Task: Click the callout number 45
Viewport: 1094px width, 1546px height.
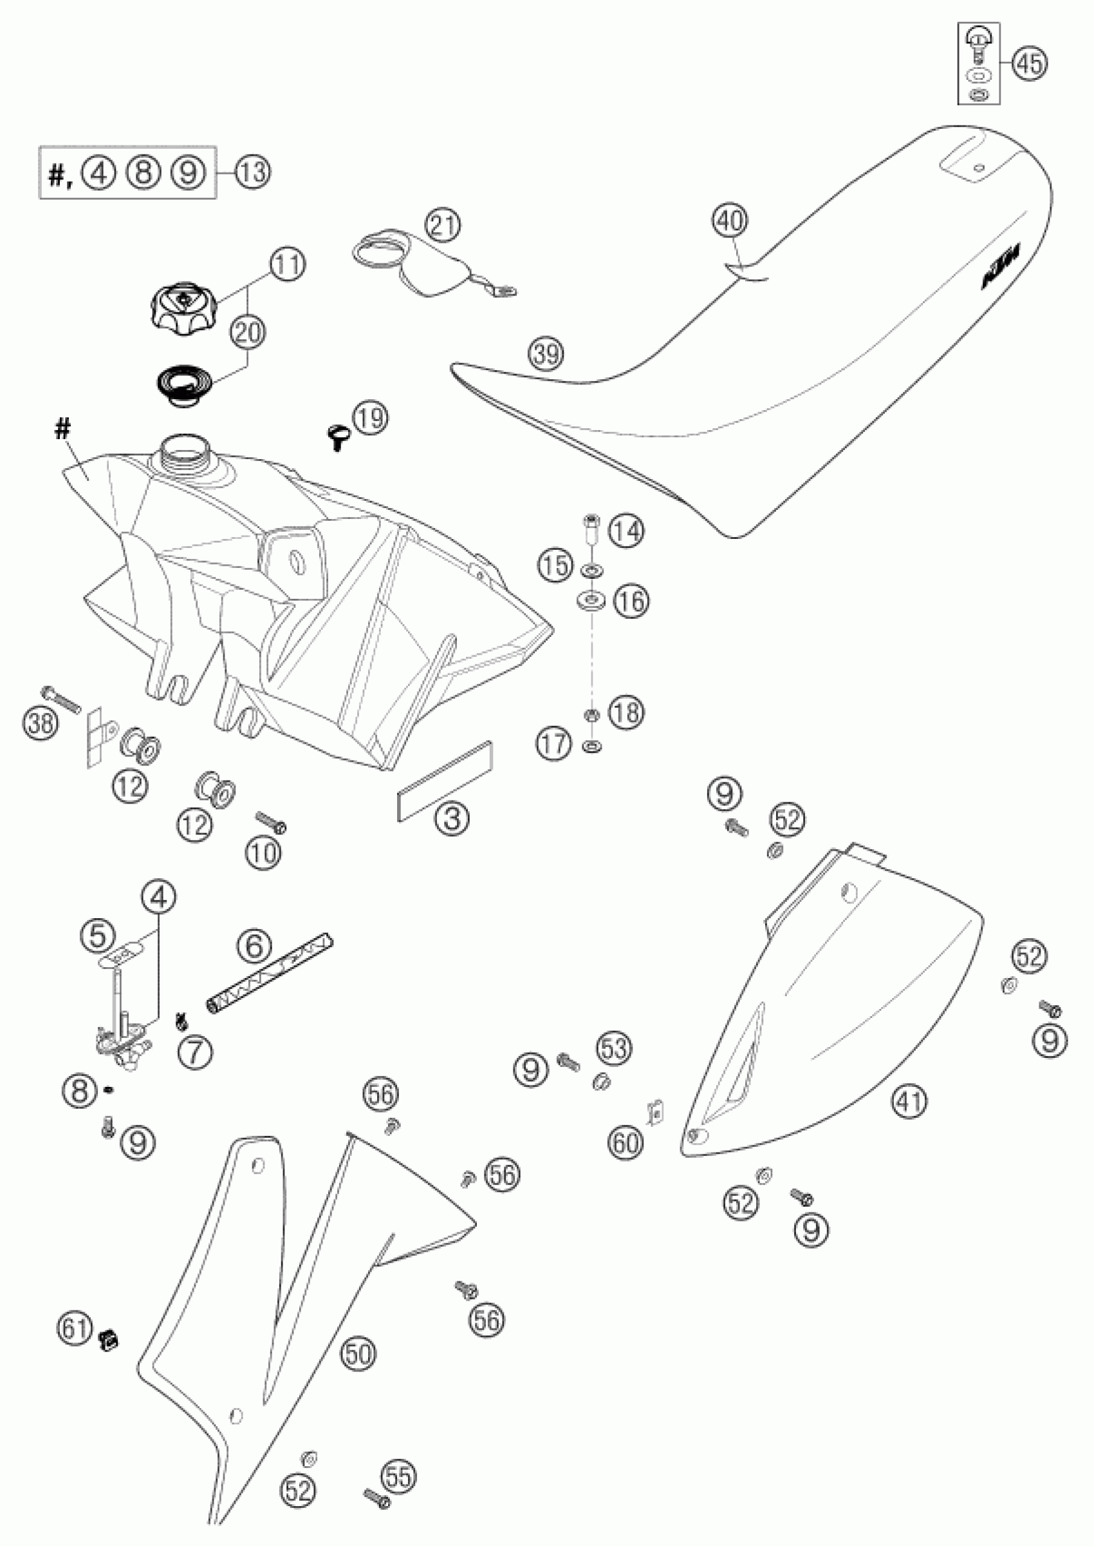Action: tap(1030, 63)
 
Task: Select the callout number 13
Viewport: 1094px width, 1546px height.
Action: tap(254, 172)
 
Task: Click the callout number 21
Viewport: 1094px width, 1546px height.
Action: tap(443, 226)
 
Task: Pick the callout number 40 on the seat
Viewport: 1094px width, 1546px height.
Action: tap(731, 220)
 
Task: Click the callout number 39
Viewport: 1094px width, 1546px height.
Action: tap(546, 353)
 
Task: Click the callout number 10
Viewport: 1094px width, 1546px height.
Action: tap(264, 853)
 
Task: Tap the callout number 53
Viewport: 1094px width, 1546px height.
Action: tap(615, 1049)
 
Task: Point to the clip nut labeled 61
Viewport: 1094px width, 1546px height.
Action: tap(107, 1339)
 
